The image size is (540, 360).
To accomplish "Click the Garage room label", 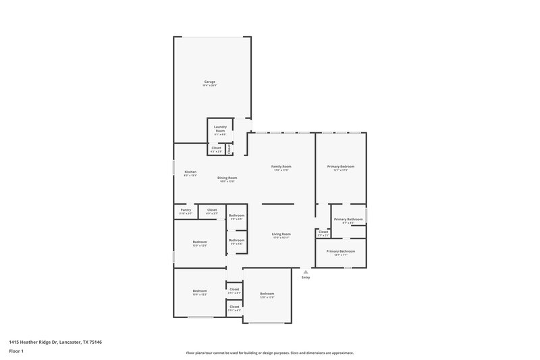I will tap(209, 82).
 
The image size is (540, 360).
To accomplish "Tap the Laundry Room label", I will tap(220, 128).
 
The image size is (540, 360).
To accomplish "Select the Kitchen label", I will tap(190, 172).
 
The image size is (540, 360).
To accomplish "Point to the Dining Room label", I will tap(227, 178).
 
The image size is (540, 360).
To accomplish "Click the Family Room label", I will tap(281, 166).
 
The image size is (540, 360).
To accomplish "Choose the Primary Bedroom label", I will tap(341, 166).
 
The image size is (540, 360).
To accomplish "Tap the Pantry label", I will tap(186, 210).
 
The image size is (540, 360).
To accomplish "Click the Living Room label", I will tap(281, 234).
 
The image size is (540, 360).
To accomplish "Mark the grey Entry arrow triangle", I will tap(305, 272).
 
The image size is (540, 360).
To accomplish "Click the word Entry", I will tap(306, 278).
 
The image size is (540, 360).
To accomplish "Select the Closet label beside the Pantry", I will tap(211, 210).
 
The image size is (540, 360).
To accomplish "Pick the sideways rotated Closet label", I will tap(230, 149).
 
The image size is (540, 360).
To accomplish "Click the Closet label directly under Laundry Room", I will tap(216, 148).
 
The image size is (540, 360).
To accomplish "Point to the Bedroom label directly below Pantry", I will tap(200, 241).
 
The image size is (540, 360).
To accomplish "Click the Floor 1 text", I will tap(16, 352).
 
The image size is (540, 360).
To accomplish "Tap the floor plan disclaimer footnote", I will tap(270, 353).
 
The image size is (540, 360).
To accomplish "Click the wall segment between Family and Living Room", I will tap(273, 204).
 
